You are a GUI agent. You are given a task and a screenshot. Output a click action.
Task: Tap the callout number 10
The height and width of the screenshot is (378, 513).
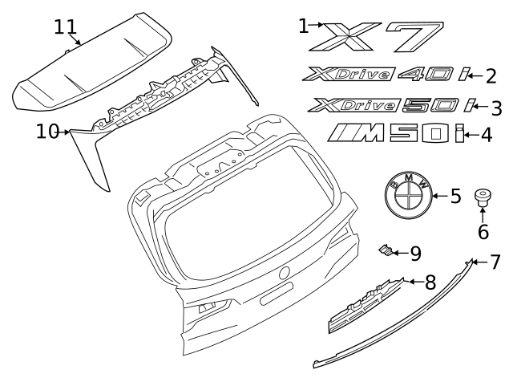click(47, 130)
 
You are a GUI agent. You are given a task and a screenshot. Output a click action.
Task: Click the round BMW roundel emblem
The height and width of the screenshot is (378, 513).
click(410, 195)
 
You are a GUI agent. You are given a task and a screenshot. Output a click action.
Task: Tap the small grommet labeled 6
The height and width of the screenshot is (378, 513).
click(483, 197)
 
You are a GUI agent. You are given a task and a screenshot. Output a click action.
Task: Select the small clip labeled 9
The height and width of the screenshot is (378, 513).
click(387, 252)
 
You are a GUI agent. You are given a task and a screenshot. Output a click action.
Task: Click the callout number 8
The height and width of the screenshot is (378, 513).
click(430, 282)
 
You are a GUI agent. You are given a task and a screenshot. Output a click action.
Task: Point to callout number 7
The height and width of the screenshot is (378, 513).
click(495, 262)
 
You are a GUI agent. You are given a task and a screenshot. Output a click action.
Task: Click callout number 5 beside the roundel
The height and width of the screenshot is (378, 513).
click(455, 195)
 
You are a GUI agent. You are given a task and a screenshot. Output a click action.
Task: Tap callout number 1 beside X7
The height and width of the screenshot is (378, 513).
click(303, 26)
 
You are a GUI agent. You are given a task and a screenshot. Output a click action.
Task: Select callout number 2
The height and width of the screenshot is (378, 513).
click(491, 76)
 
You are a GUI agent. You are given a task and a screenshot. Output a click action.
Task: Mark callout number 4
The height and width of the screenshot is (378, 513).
click(486, 135)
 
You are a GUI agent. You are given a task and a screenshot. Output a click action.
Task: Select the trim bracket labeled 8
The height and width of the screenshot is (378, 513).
click(365, 306)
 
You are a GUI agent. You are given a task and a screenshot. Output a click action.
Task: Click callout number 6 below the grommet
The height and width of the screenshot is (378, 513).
click(483, 232)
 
